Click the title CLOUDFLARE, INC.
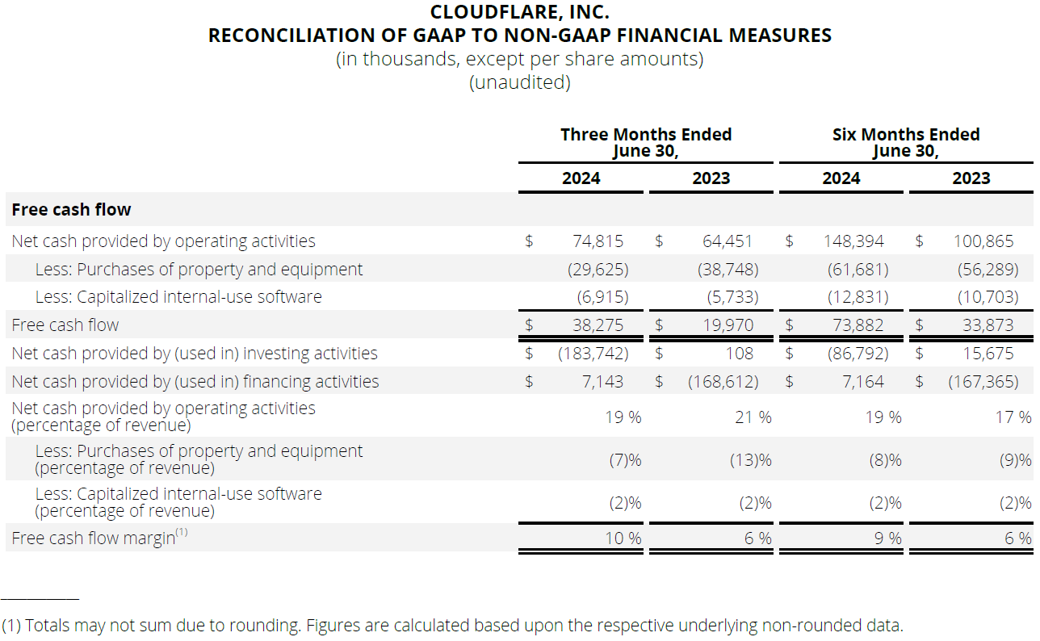(x=520, y=12)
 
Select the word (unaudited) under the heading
(x=520, y=82)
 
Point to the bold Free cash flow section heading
(x=71, y=210)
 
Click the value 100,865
(x=986, y=241)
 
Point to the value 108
(x=739, y=354)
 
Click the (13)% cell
(x=750, y=460)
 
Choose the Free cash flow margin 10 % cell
(x=623, y=538)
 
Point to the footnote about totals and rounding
(x=452, y=625)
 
